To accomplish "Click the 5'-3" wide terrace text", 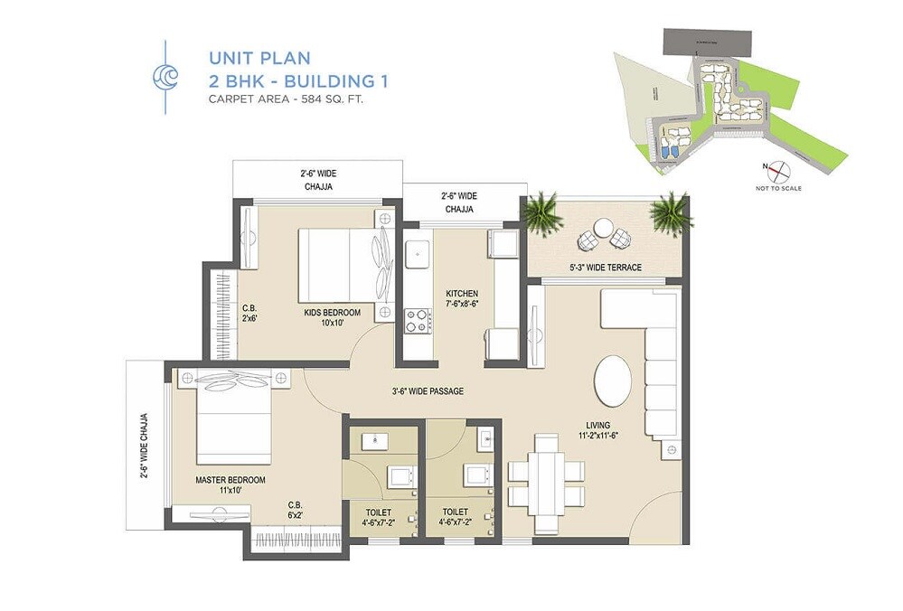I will click(x=606, y=268).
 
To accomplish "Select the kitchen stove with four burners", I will click(x=417, y=320).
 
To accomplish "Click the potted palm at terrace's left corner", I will click(x=541, y=213).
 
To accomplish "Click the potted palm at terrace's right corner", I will click(x=671, y=213).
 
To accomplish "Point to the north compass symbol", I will click(x=778, y=171).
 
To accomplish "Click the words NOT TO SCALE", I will click(x=778, y=189).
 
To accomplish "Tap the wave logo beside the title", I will click(x=165, y=78).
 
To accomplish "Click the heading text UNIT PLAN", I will click(x=259, y=58).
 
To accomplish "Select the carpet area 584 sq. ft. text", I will click(x=291, y=99).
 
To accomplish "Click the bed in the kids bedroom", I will click(x=339, y=264).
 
